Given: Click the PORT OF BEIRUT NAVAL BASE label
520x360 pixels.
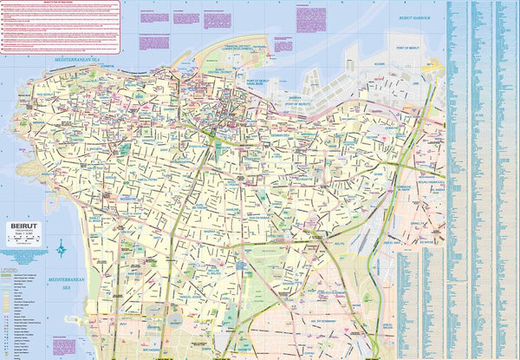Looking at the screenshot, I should click(x=269, y=82).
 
